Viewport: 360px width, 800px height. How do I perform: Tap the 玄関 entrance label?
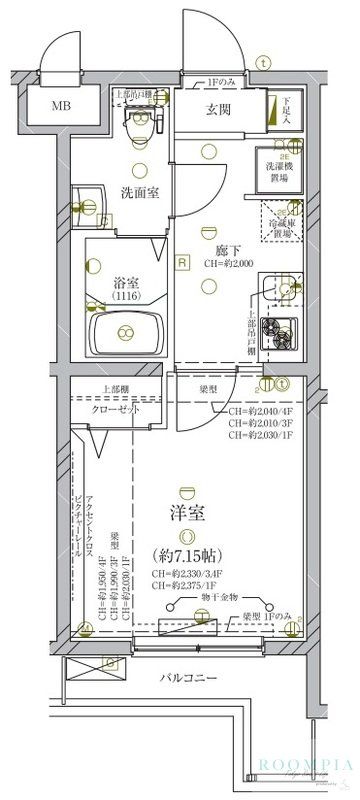[x=221, y=110]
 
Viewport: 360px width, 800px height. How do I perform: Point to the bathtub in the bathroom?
[x=126, y=332]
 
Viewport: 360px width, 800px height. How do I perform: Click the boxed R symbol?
[x=182, y=263]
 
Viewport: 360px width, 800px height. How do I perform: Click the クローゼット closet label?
[x=115, y=410]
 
